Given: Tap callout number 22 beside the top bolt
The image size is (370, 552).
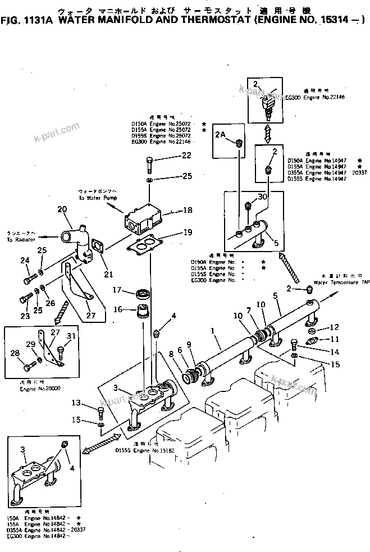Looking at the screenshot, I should coord(171,156).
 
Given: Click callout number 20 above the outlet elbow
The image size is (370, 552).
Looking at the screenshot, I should coord(62,209).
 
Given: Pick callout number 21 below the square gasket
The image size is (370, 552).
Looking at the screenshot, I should coord(108,274).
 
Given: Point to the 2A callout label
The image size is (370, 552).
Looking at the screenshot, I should coord(221,134).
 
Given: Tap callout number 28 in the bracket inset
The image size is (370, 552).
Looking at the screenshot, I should coord(15,353).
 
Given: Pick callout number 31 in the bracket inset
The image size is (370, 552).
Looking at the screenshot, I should coord(71,337).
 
